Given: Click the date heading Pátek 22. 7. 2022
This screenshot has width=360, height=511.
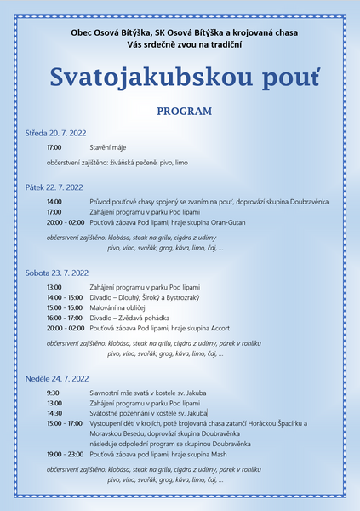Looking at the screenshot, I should pyautogui.click(x=55, y=187).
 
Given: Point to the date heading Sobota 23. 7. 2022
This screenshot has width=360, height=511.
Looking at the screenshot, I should pyautogui.click(x=57, y=273).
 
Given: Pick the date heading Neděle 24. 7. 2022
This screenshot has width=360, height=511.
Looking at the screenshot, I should pyautogui.click(x=58, y=378).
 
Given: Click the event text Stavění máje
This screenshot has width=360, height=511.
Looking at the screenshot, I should pyautogui.click(x=108, y=148).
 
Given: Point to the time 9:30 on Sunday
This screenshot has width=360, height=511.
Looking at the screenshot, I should pyautogui.click(x=53, y=393).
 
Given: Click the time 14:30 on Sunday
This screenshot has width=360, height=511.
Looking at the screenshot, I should pyautogui.click(x=54, y=413).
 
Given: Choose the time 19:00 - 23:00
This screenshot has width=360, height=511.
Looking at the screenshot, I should pyautogui.click(x=66, y=455).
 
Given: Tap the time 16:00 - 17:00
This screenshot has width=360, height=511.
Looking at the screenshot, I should pyautogui.click(x=66, y=318).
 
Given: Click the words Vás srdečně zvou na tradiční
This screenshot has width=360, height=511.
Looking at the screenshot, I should pyautogui.click(x=180, y=43).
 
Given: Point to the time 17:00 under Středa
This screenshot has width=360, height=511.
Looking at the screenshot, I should pyautogui.click(x=54, y=148).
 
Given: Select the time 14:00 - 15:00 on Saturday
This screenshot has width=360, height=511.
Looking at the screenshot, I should pyautogui.click(x=66, y=297).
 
